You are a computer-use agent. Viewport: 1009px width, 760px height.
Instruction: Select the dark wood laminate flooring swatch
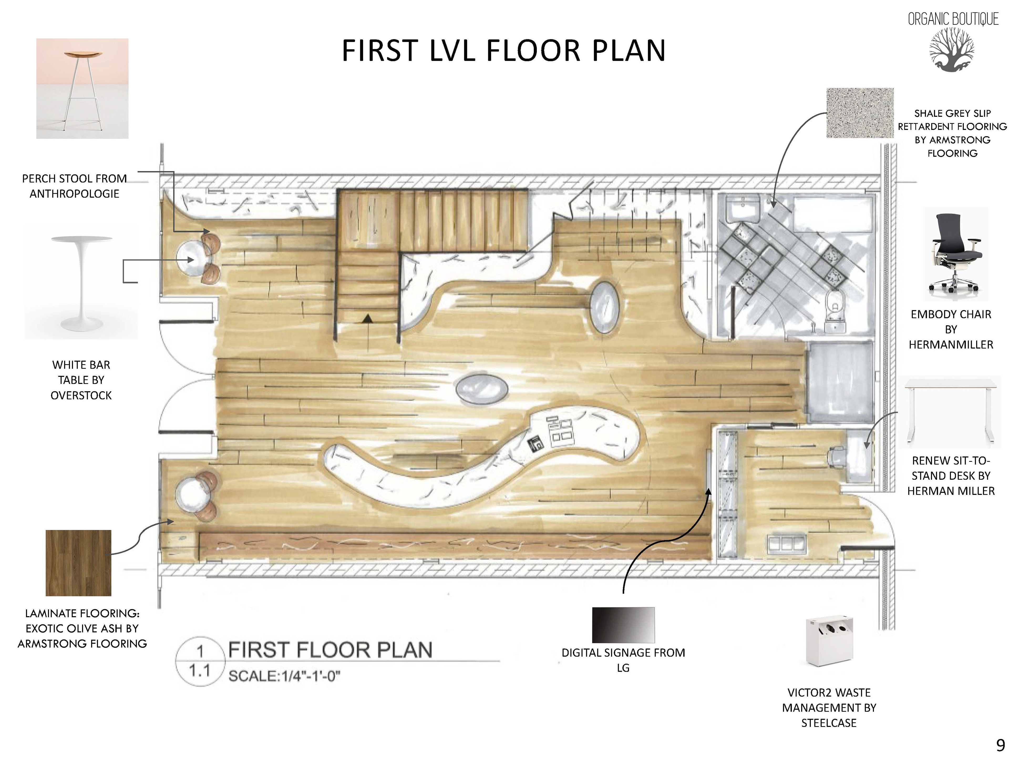79,563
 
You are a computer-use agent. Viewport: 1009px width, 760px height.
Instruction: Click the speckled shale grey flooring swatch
860,113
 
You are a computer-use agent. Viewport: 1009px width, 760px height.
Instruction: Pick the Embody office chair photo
955,253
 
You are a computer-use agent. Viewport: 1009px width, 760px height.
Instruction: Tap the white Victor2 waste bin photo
829,640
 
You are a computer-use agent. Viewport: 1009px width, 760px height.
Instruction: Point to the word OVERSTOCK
81,395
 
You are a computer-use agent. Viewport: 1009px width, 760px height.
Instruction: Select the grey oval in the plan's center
482,389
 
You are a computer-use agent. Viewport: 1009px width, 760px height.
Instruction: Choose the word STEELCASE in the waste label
829,723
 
